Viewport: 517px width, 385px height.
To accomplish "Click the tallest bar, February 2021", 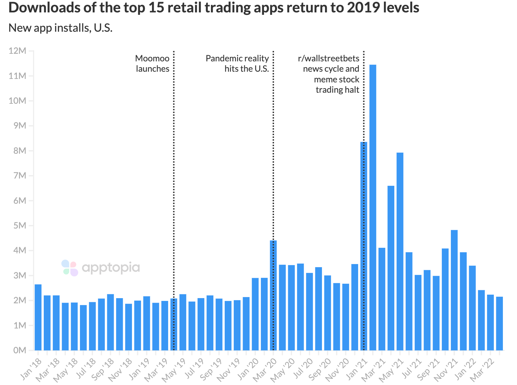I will tap(373, 207).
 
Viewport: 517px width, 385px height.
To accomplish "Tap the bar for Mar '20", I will tap(273, 295).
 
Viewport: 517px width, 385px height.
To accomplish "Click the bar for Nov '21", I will tap(454, 290).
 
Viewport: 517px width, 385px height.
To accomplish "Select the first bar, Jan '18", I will tap(38, 317).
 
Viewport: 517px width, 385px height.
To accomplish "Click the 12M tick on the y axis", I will tap(17, 51).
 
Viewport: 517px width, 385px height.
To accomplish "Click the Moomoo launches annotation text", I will tap(152, 63).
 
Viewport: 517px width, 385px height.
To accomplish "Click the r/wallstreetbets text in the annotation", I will tap(328, 59).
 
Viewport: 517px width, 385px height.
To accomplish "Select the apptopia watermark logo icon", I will tap(70, 268).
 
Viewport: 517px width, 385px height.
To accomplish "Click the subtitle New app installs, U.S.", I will tap(60, 28).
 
